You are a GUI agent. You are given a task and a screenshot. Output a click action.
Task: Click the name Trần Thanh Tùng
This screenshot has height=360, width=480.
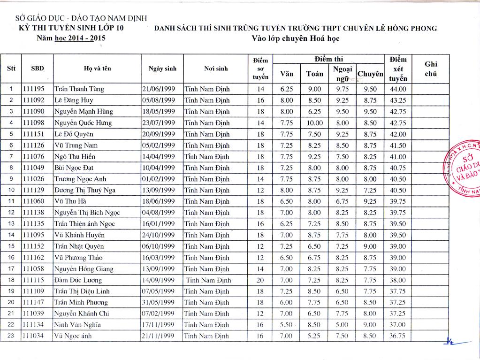coord(79,89)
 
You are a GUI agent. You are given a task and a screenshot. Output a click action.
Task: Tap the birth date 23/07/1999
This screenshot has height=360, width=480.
coord(158,123)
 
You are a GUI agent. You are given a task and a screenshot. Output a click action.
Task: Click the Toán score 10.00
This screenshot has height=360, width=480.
coord(314,123)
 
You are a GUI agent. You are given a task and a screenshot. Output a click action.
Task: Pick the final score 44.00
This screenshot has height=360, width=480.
coord(398,89)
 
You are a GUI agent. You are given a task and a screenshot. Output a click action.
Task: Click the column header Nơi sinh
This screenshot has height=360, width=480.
coord(216,69)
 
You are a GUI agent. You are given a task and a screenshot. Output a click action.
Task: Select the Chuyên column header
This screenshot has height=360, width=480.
coord(370,74)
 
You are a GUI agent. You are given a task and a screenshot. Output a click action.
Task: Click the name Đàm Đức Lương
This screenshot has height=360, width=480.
coord(78,280)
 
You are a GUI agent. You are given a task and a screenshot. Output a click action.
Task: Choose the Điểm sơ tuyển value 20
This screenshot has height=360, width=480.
coord(261,280)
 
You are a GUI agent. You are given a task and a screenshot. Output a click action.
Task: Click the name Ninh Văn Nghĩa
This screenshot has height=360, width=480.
coord(77,325)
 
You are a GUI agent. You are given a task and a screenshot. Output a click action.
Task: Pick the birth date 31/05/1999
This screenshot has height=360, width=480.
coord(158,303)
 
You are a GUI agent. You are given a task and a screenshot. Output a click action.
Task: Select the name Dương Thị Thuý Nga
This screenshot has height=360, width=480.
coord(84,190)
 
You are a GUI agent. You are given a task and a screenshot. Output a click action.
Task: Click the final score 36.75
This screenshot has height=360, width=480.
coord(398,336)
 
